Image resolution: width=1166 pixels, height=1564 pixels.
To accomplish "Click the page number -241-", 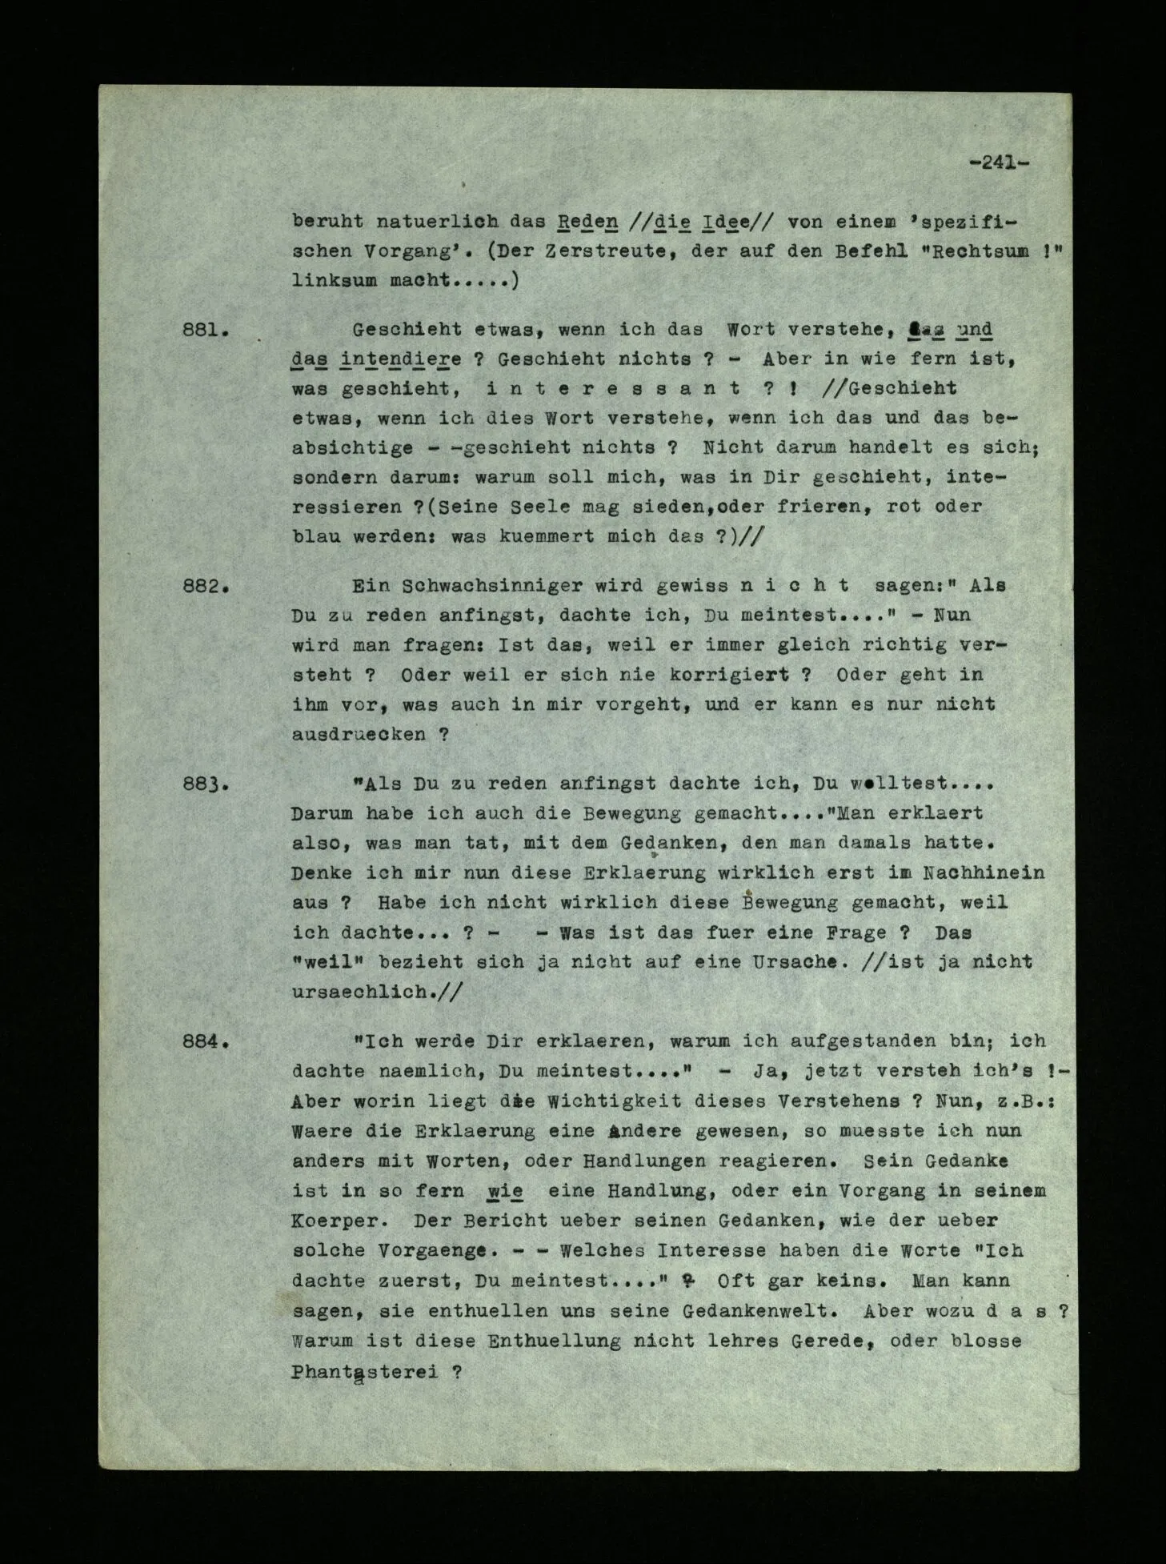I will point(998,162).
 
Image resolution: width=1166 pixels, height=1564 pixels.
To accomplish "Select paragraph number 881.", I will point(206,330).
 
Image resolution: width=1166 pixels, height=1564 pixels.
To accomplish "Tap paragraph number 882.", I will point(206,586).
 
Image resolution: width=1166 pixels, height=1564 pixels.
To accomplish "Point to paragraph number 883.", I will point(206,784).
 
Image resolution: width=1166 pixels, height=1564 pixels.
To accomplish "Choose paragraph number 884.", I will point(206,1043).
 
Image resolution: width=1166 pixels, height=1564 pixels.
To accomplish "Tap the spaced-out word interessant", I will point(612,389).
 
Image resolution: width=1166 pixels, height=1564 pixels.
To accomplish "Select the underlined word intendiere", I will point(400,359).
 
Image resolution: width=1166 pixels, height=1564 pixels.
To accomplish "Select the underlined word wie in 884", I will point(505,1191).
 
